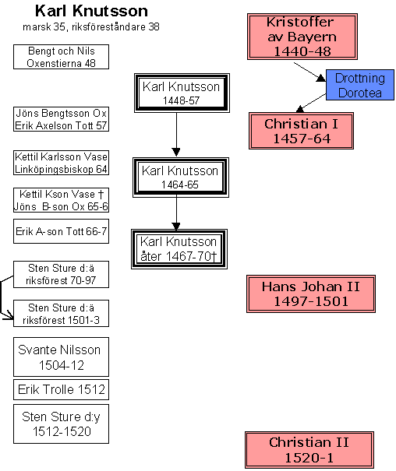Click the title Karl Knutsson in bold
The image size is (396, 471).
[91, 11]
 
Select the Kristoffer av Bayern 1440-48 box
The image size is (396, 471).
[302, 37]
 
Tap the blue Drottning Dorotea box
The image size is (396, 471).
[360, 85]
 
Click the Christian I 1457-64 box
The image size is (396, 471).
[301, 131]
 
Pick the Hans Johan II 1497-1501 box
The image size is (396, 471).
[311, 293]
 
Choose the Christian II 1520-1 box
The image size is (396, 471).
[309, 450]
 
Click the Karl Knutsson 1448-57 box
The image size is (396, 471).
[182, 93]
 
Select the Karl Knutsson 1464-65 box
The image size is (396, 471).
[181, 178]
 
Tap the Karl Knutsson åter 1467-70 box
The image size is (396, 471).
[179, 249]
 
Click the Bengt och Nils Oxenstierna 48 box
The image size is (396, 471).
[61, 57]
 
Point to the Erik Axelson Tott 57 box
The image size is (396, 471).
[61, 119]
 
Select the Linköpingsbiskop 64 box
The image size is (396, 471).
[61, 163]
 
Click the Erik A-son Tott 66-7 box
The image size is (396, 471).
[61, 231]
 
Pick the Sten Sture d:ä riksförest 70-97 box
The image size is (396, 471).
[61, 274]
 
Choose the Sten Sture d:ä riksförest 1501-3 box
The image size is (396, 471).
[61, 313]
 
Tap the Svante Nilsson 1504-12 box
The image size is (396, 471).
[61, 357]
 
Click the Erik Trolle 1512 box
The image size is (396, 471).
[61, 389]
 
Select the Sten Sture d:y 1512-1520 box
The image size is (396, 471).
[61, 424]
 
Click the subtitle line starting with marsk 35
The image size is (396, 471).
[91, 27]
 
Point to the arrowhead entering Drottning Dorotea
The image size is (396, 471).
[321, 78]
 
